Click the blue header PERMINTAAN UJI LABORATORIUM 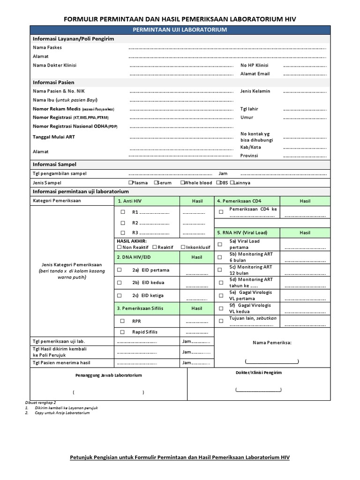pyautogui.click(x=180, y=30)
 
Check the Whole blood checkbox pyautogui.click(x=182, y=183)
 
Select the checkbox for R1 pyautogui.click(x=123, y=212)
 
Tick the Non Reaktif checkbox pyautogui.click(x=120, y=247)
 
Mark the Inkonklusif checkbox pyautogui.click(x=183, y=247)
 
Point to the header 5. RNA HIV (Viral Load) pyautogui.click(x=241, y=232)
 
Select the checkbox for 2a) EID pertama pyautogui.click(x=120, y=270)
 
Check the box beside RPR pyautogui.click(x=122, y=321)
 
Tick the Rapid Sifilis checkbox pyautogui.click(x=122, y=332)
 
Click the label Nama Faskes pyautogui.click(x=47, y=47)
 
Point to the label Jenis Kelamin pyautogui.click(x=255, y=91)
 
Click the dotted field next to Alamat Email pyautogui.click(x=305, y=74)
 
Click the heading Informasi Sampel pyautogui.click(x=54, y=165)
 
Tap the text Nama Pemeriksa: pyautogui.click(x=272, y=343)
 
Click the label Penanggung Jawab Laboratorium pyautogui.click(x=109, y=375)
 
